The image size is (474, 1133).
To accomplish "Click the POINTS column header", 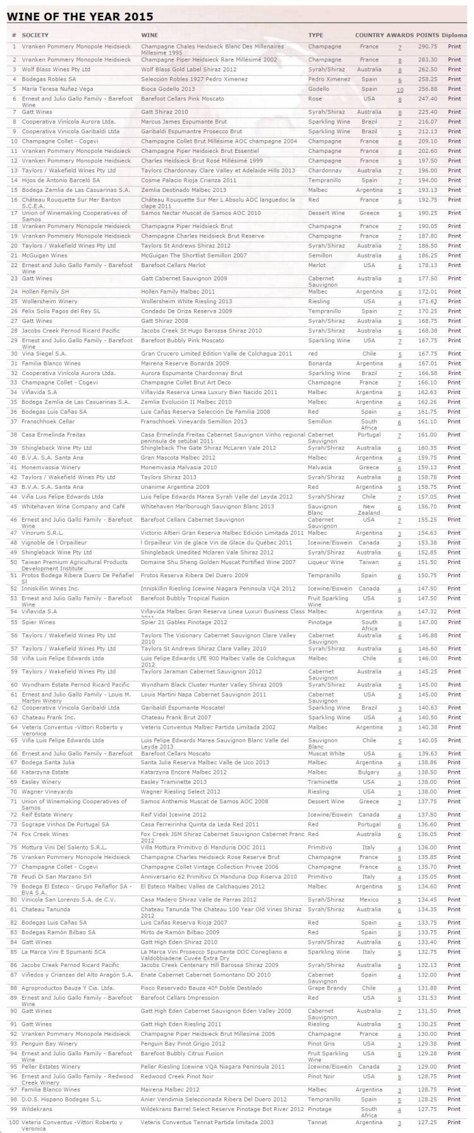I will tap(428, 35).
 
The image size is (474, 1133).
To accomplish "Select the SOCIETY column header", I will tap(35, 35).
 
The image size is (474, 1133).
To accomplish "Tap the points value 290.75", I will tap(427, 47).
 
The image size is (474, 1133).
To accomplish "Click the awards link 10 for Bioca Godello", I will tap(399, 90).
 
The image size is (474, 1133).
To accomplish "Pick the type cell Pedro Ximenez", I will tap(329, 80).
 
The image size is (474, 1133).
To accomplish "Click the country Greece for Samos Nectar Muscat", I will tap(369, 213).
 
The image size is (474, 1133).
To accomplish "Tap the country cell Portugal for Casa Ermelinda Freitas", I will tap(369, 435).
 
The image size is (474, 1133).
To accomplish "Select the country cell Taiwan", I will tap(369, 563).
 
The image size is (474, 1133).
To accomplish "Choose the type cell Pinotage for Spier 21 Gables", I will tap(320, 623).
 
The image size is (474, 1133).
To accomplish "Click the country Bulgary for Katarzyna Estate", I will tap(369, 772).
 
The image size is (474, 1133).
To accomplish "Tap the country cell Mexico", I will tap(369, 900).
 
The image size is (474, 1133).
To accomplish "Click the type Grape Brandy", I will tap(327, 988).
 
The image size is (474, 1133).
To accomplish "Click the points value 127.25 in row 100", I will tap(427, 1123).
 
